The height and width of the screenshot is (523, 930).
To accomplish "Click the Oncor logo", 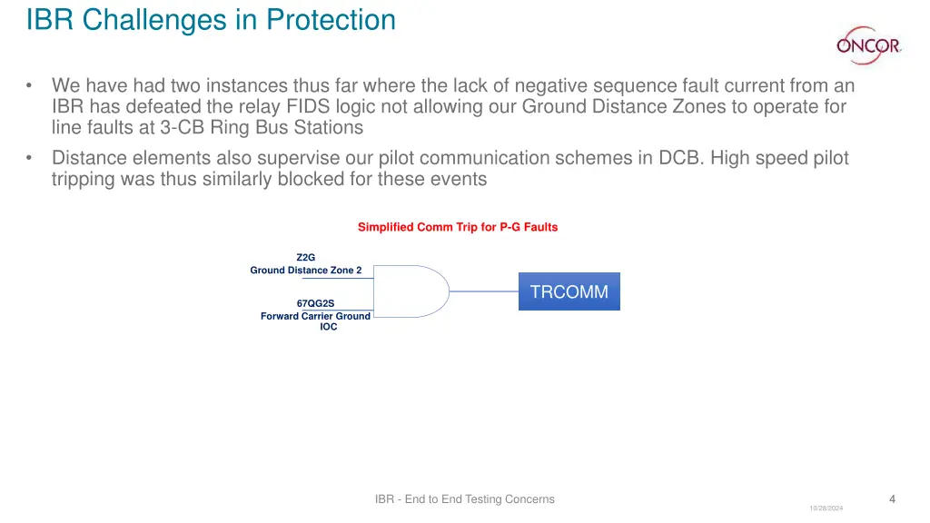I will (867, 44).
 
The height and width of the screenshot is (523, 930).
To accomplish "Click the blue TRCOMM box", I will (569, 291).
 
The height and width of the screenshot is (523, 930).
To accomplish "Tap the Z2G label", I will (306, 257).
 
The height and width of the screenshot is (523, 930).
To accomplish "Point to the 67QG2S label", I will (309, 303).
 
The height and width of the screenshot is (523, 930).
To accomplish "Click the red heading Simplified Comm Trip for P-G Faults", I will (458, 227).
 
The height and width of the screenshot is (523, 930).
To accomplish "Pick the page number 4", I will (892, 498).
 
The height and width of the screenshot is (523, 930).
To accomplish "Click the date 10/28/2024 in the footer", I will (826, 508).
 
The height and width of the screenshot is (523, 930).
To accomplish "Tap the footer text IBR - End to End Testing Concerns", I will (464, 498).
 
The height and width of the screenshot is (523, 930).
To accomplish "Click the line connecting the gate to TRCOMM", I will (484, 291).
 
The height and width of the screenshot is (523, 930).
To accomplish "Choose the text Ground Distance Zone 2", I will (306, 270).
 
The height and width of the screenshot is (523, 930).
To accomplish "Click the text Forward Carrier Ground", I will (315, 316).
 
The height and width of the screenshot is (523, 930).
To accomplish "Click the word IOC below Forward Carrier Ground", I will (328, 327).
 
